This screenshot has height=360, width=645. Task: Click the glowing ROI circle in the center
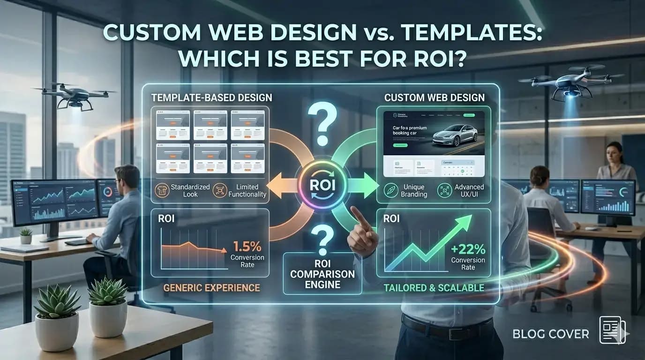pos(322,185)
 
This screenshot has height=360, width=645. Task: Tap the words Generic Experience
pos(211,287)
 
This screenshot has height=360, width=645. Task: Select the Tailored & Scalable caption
pos(434,287)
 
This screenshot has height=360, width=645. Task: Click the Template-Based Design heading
pos(211,98)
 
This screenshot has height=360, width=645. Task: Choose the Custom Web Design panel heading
pos(435,98)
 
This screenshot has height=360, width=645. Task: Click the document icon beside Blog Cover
pos(612,330)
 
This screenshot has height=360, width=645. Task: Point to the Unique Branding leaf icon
pos(391,190)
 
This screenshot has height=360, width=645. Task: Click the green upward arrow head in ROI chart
pos(464,225)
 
